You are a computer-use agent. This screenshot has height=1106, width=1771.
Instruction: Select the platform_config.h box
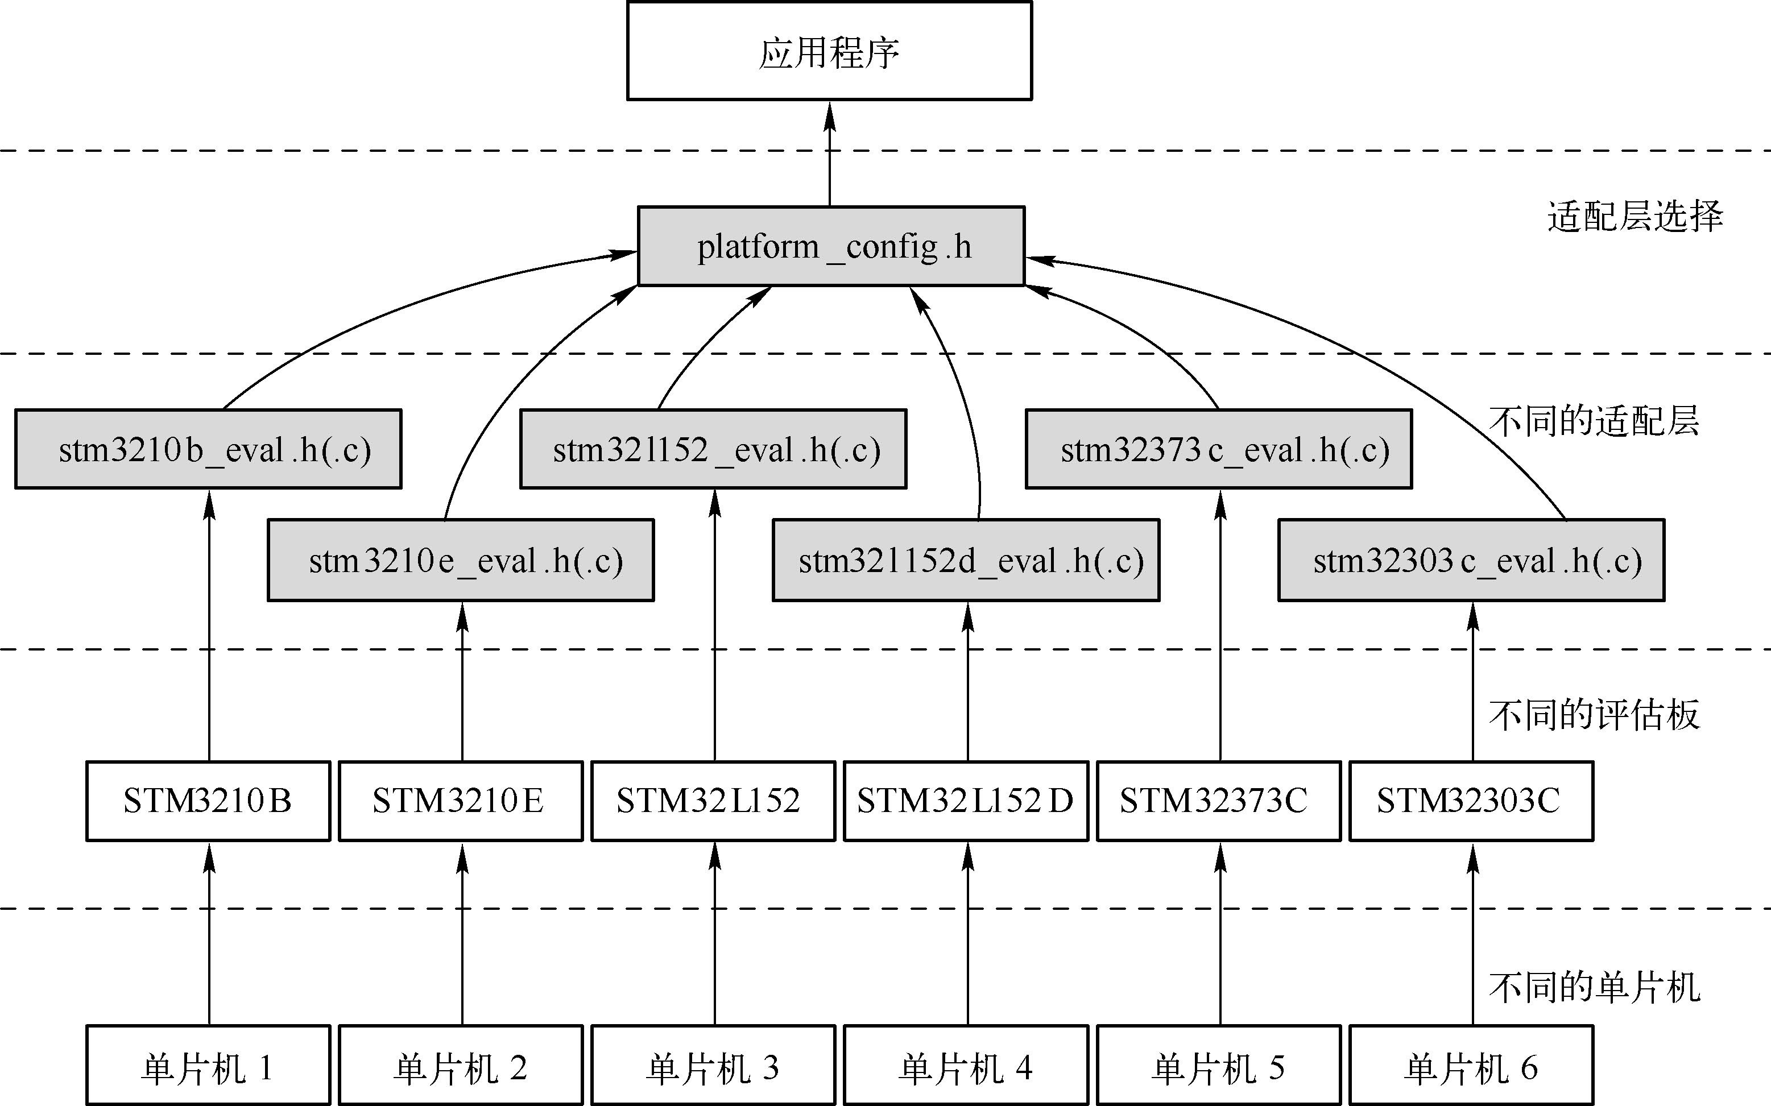pyautogui.click(x=831, y=247)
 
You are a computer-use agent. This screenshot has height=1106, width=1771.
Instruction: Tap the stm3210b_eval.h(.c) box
pyautogui.click(x=209, y=449)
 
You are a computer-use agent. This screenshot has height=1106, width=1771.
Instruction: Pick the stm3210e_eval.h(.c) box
pyautogui.click(x=461, y=560)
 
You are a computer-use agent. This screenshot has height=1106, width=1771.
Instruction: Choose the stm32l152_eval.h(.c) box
pyautogui.click(x=713, y=449)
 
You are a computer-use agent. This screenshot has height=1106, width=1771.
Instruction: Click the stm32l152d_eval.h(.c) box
pyautogui.click(x=966, y=560)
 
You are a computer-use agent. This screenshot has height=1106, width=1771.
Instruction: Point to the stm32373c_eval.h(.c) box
pyautogui.click(x=1219, y=449)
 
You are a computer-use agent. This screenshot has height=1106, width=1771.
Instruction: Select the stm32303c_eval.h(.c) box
pyautogui.click(x=1471, y=560)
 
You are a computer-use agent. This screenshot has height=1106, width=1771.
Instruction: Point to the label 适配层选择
pyautogui.click(x=1635, y=217)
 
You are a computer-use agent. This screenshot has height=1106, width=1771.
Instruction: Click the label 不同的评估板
pyautogui.click(x=1594, y=715)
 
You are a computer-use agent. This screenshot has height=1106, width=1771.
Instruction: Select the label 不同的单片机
pyautogui.click(x=1594, y=988)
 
